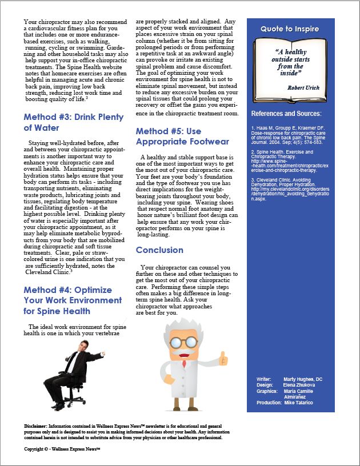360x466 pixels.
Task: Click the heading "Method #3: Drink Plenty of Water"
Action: click(x=73, y=122)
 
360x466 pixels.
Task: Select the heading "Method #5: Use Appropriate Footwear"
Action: click(x=182, y=136)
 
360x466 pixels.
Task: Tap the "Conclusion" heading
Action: click(x=159, y=250)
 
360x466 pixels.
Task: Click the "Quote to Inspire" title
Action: click(x=290, y=29)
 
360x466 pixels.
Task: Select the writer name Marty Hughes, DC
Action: click(x=303, y=379)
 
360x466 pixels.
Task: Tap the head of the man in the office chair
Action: click(x=83, y=347)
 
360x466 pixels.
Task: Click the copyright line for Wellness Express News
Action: click(x=62, y=450)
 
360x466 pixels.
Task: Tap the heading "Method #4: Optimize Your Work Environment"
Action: click(x=73, y=300)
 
